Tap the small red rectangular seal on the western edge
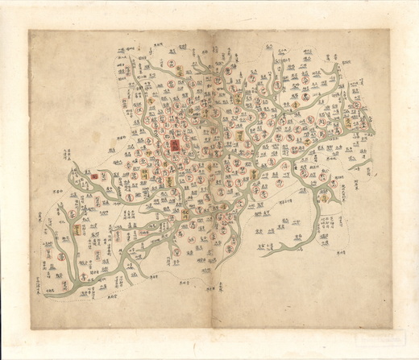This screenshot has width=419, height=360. coord(94,175)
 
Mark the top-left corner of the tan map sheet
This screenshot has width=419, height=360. coord(29,31)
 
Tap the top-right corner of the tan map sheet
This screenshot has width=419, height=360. coord(390,30)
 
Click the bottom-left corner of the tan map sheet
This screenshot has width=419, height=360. coord(31,329)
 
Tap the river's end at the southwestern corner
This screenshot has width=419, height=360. coord(46,296)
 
